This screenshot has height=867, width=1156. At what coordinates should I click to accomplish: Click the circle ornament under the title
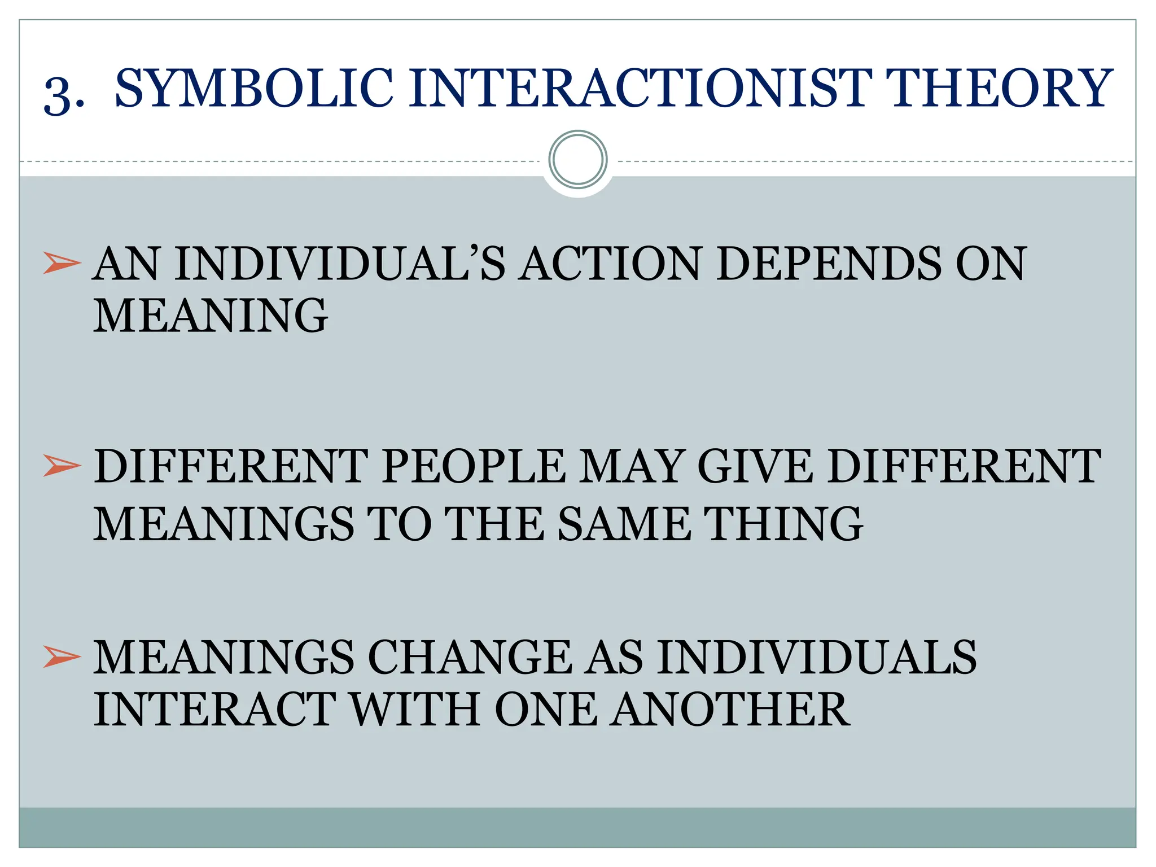coord(577,159)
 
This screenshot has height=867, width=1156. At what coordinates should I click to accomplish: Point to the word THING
coord(785,523)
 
